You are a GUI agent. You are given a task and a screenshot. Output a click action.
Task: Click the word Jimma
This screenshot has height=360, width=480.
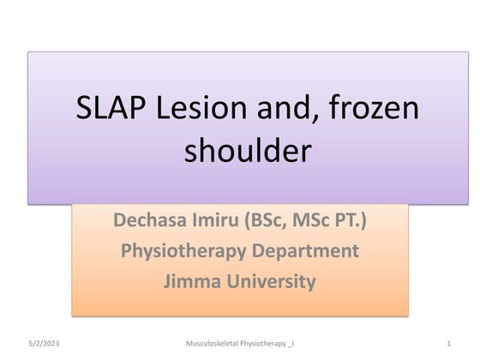click(x=188, y=281)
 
